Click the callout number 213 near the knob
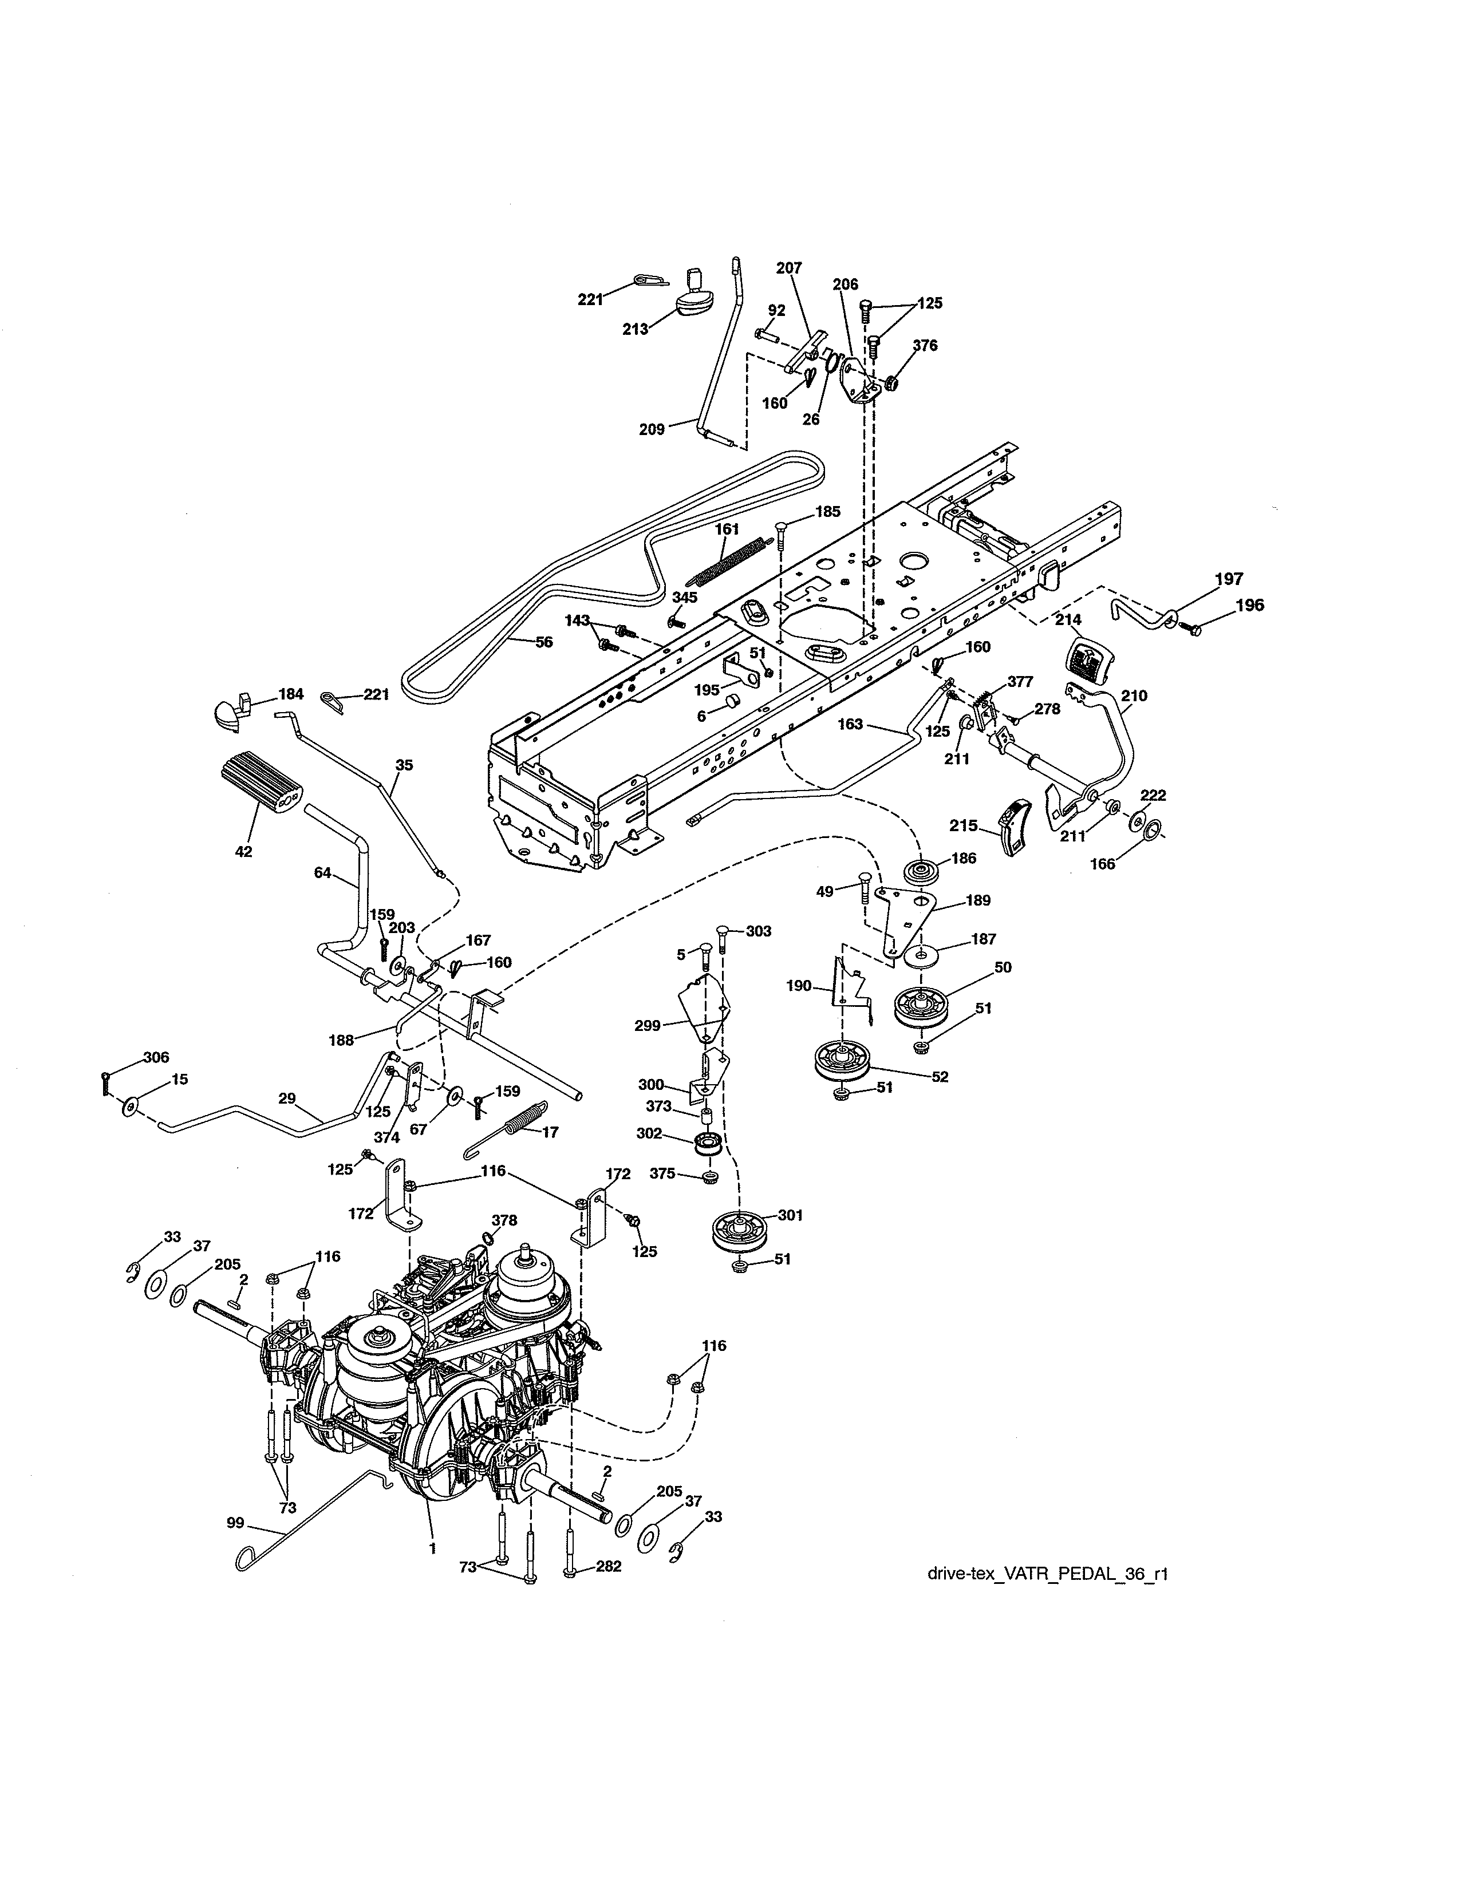636,330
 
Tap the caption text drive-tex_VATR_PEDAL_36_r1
1047,1573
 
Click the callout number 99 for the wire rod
235,1522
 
